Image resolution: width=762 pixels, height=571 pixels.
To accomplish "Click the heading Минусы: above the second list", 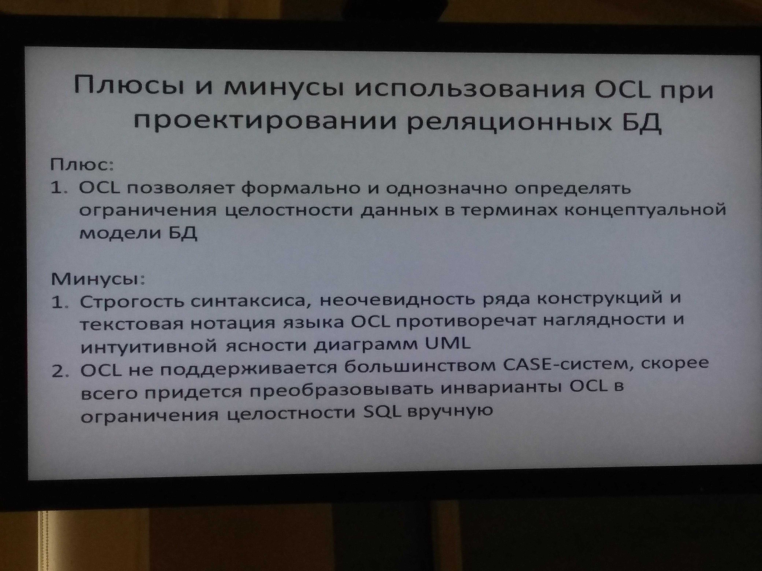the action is coord(98,279).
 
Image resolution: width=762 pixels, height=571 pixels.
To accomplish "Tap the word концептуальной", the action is coord(645,210).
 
